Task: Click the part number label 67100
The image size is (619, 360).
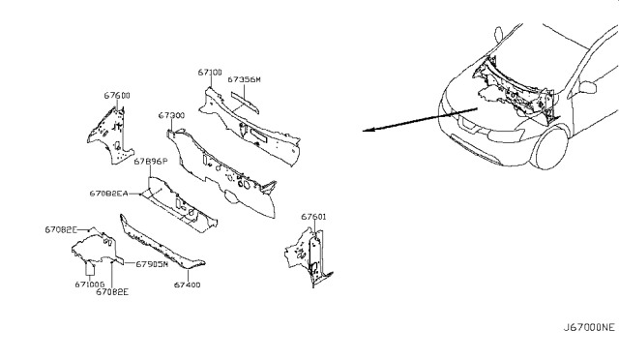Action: coord(212,72)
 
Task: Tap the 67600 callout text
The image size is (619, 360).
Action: coord(118,95)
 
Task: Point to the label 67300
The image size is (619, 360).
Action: coord(172,115)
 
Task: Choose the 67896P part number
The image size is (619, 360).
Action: coord(151,162)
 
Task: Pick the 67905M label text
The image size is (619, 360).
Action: coord(152,263)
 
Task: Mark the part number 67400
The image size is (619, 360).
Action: coord(188,285)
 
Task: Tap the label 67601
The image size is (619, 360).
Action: coord(313,217)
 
